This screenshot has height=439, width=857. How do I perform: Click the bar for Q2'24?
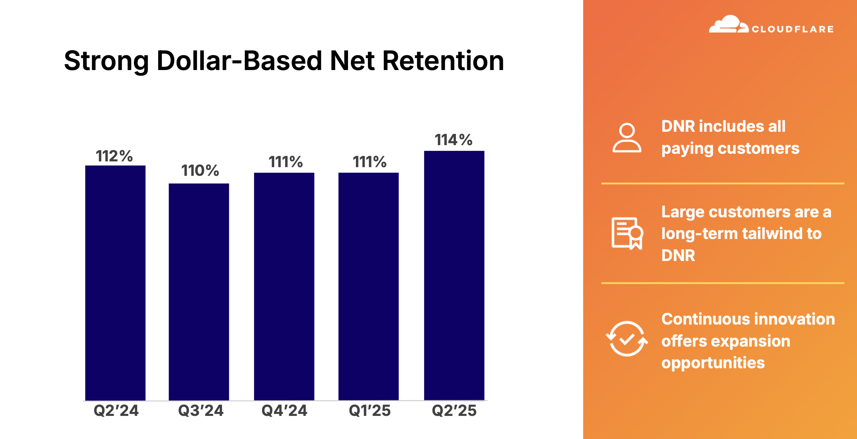[115, 283]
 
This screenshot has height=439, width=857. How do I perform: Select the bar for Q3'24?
[199, 292]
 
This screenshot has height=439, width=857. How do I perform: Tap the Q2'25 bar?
[454, 275]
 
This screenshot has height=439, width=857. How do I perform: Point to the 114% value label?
[453, 140]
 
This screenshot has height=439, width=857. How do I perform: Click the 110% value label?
[200, 170]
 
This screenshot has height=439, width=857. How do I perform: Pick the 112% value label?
[114, 156]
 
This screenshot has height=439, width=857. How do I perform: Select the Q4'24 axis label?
[284, 410]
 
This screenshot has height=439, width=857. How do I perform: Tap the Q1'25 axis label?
[370, 410]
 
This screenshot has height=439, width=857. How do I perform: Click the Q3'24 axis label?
[201, 410]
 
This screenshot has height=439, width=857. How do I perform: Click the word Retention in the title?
[443, 60]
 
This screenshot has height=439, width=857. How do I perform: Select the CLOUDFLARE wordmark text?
[793, 29]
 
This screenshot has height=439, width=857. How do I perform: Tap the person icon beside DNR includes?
[627, 138]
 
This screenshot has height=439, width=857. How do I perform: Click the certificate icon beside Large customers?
[627, 233]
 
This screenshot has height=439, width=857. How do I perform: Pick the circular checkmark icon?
[627, 339]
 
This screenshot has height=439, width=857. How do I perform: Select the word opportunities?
[713, 363]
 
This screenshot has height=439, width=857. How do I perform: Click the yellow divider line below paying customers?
[723, 183]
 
